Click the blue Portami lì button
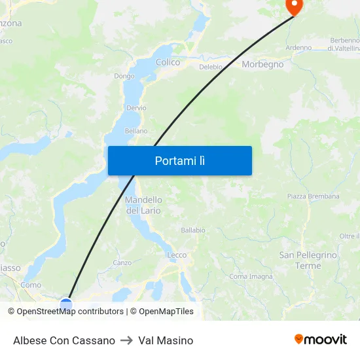click(179, 160)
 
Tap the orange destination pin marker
click(295, 6)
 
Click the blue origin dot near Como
click(66, 304)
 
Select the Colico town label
click(168, 62)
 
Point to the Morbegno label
click(262, 64)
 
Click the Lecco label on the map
click(177, 255)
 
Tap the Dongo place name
click(124, 76)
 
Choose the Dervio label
click(137, 107)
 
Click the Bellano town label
click(136, 131)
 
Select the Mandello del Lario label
click(143, 205)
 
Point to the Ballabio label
click(193, 230)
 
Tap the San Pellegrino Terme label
click(308, 260)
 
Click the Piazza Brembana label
click(313, 196)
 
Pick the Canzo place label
click(122, 262)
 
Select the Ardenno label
click(298, 47)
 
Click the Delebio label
click(211, 67)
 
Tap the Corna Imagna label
click(251, 276)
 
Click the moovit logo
click(320, 339)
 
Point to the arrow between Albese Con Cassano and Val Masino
click(126, 340)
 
